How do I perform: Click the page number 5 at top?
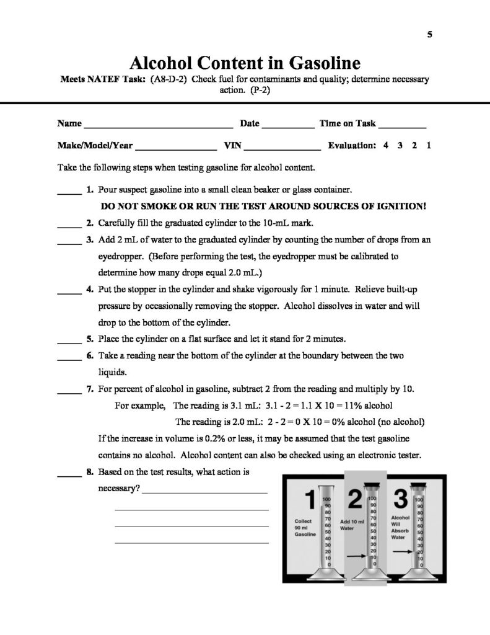click(x=429, y=35)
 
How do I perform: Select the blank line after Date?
click(x=287, y=126)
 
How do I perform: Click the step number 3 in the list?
click(x=90, y=239)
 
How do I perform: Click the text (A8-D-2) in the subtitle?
click(x=168, y=79)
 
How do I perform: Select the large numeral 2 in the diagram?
click(x=355, y=499)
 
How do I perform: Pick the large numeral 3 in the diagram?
click(x=401, y=499)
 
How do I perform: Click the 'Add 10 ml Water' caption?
click(x=352, y=525)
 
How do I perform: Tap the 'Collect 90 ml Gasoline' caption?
click(x=306, y=528)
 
